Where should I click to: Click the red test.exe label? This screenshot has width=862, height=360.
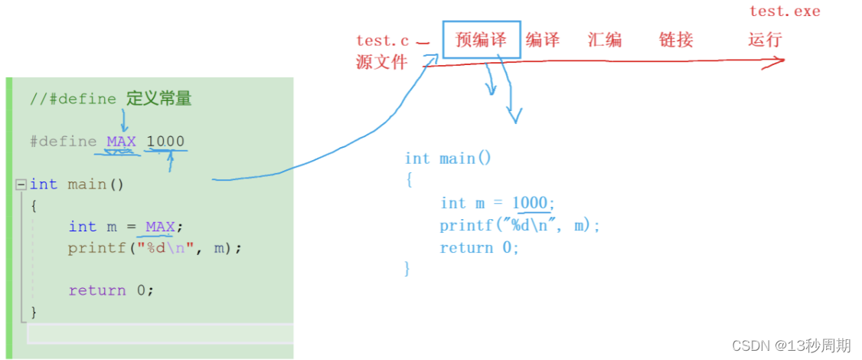click(785, 11)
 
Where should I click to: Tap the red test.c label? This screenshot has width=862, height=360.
click(382, 41)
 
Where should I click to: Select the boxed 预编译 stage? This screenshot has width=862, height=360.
click(482, 40)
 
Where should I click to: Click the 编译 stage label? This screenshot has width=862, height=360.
click(543, 40)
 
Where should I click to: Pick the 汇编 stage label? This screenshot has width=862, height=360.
click(605, 40)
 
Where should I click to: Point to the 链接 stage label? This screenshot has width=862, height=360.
click(676, 40)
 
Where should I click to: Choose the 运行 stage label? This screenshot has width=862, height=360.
click(765, 40)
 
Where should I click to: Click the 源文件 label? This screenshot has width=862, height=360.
click(381, 63)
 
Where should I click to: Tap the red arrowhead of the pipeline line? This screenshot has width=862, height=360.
click(777, 63)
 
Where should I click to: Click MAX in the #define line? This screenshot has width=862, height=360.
click(121, 142)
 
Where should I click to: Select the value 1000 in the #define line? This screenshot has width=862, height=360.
click(165, 142)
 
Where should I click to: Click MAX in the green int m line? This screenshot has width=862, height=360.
click(160, 227)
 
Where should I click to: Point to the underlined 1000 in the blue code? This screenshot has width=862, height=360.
click(530, 203)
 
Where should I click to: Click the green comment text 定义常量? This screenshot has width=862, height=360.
click(158, 99)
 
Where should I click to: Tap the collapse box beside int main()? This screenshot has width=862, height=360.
click(21, 185)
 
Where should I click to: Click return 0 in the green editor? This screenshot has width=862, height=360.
click(111, 290)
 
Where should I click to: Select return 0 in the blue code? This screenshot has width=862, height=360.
click(479, 248)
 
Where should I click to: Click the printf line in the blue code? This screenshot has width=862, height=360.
click(520, 226)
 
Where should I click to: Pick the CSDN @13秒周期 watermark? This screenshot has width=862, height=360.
click(792, 346)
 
